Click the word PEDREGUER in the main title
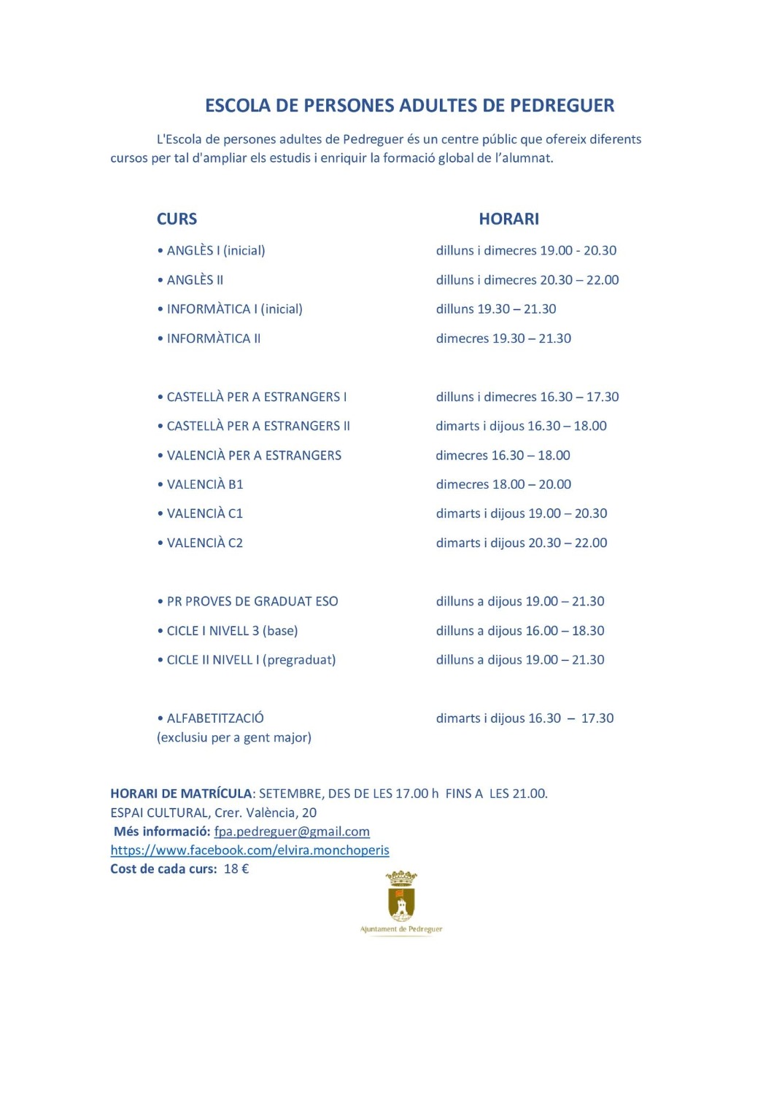562,106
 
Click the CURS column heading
177,219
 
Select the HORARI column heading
508,219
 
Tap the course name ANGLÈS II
195,280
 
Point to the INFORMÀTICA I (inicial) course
234,309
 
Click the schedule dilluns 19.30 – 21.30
496,309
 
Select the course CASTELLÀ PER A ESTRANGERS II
258,426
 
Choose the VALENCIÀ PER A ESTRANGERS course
254,455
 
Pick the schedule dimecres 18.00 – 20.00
503,484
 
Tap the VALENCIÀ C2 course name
204,543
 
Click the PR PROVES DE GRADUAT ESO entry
252,602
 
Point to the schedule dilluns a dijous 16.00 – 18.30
520,631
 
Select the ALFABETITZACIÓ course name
215,718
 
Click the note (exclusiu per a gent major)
234,737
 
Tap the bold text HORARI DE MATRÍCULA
181,794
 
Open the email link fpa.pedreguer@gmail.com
292,831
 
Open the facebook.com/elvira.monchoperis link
249,850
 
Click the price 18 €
236,869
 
